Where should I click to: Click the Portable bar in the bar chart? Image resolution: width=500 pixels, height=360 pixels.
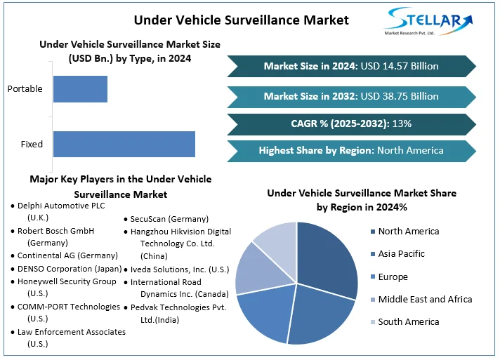(80, 89)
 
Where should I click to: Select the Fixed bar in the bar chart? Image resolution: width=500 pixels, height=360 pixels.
(124, 144)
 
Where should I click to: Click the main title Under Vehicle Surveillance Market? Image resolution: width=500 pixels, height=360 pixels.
(241, 20)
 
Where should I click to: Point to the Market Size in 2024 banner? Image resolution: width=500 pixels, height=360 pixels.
(351, 66)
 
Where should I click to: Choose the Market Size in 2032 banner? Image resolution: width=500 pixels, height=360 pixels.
(351, 96)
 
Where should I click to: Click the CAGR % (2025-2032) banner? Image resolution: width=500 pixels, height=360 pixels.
(351, 124)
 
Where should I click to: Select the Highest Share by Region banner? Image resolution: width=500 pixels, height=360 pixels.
(351, 150)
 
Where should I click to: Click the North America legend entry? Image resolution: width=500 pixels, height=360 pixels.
(408, 232)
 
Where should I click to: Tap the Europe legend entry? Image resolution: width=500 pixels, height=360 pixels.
(393, 277)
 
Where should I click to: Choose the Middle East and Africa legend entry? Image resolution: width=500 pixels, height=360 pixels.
(425, 300)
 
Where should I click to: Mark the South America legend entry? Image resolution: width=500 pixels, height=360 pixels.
(408, 322)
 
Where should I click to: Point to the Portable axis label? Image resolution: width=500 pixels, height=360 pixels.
(25, 89)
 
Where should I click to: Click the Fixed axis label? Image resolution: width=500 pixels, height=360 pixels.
(32, 145)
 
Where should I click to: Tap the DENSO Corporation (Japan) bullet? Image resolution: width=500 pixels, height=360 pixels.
(69, 269)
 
